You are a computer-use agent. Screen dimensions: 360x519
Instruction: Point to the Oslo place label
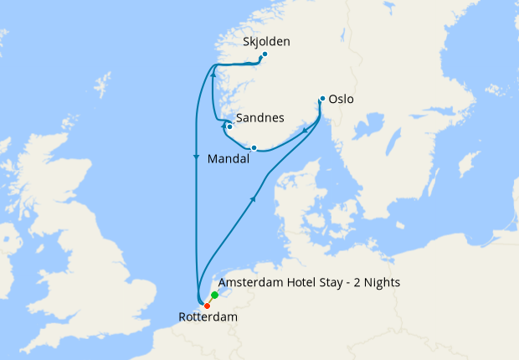tap(342, 99)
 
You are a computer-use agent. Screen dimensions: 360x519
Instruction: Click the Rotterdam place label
tap(208, 317)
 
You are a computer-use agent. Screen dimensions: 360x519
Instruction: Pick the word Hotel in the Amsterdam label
tap(311, 283)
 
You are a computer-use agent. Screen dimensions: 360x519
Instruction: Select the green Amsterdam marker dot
tap(215, 296)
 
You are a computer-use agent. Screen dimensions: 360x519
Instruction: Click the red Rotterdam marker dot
tap(207, 306)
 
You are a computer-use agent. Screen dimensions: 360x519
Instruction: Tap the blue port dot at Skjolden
tap(265, 55)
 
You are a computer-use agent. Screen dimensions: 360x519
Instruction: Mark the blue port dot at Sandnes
tap(229, 127)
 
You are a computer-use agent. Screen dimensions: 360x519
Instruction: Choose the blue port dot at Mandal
tap(254, 148)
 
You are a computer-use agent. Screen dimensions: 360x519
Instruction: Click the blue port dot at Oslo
tap(322, 99)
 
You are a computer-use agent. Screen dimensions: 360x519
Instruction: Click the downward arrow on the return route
tap(196, 157)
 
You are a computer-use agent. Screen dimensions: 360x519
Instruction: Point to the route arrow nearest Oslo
tap(305, 130)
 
